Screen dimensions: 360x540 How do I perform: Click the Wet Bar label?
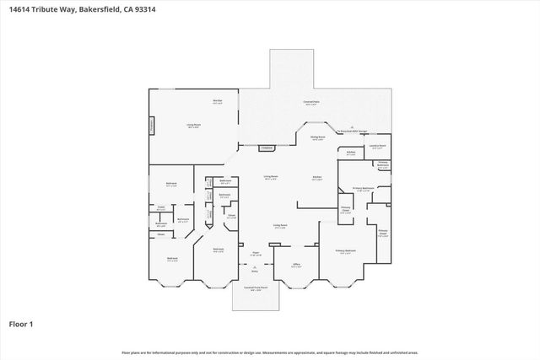point(217,101)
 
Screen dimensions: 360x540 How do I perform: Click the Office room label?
point(296,265)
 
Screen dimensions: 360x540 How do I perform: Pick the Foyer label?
point(255,252)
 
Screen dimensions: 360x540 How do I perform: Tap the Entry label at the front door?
point(255,271)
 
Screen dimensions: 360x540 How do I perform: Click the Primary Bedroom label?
point(346,250)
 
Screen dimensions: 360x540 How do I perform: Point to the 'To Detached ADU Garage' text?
point(354,132)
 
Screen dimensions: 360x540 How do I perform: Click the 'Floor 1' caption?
point(21,323)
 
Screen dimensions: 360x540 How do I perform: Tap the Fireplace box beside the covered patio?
point(267,148)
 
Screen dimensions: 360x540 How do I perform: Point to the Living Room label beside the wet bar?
point(193,125)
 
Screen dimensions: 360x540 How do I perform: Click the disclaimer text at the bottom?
point(270,352)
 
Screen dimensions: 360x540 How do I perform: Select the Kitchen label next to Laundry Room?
point(351,153)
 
